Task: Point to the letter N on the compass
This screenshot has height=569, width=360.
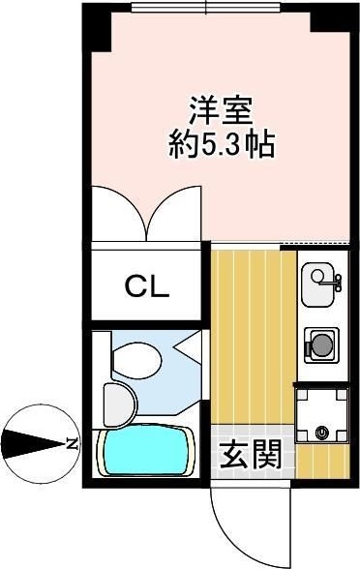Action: pos(72,444)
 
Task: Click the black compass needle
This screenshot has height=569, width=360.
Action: pos(34,444)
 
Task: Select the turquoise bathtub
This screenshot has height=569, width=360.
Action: pos(146,451)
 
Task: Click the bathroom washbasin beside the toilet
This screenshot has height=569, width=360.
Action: pos(113,402)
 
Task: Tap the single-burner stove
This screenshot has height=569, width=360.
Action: pos(320,343)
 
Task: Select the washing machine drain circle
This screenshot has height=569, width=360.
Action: pos(321,433)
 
